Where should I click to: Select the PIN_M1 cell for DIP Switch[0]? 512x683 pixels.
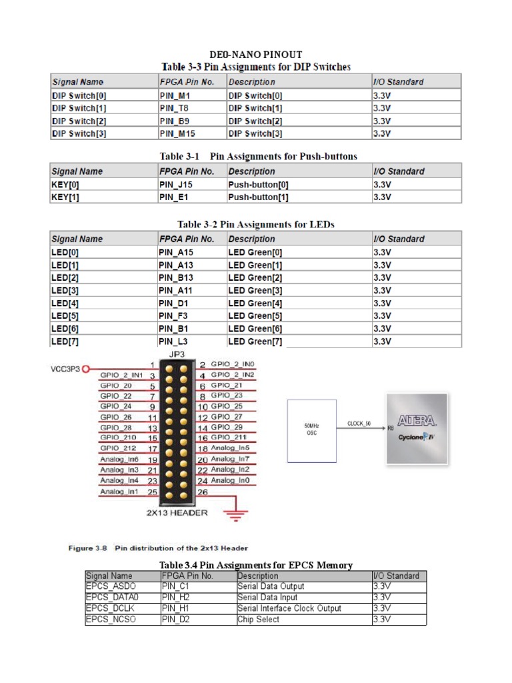pos(176,95)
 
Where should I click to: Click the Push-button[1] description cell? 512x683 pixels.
pos(259,197)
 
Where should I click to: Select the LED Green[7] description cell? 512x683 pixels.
pos(255,341)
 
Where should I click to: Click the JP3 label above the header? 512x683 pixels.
pos(178,355)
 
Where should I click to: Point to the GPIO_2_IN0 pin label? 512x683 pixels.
pos(233,365)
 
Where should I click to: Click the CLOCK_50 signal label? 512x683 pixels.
pos(359,423)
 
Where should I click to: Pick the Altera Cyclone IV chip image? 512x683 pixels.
pos(417,428)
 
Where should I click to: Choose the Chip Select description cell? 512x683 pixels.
pos(259,620)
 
